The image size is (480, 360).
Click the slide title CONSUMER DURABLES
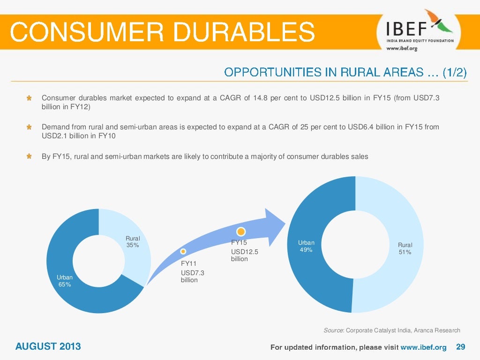162,32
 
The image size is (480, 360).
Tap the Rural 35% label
133,242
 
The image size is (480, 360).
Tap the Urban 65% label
65,281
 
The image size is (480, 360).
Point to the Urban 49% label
306,246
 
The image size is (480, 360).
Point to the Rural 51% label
405,248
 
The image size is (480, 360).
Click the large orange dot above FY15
241,232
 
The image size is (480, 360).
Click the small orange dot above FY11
183,252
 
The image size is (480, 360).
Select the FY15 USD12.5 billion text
244,251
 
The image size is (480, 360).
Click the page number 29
460,347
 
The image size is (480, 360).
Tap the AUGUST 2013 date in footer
48,347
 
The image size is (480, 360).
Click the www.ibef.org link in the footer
423,347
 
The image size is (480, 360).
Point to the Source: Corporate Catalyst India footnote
392,330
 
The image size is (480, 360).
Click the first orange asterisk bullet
29,98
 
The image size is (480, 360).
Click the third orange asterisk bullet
29,157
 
